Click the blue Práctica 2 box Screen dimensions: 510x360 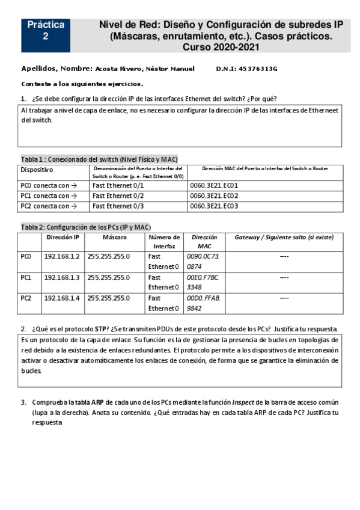[x=45, y=31]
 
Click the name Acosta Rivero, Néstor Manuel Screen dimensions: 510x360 [x=145, y=69]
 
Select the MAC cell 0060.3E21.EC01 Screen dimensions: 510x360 [x=214, y=186]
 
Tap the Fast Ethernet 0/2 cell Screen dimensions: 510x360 [x=118, y=196]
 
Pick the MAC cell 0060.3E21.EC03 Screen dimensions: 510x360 [x=214, y=206]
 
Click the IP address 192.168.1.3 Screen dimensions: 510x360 [x=62, y=278]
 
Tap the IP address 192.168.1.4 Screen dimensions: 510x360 [x=62, y=298]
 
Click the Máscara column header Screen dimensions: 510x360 [x=114, y=238]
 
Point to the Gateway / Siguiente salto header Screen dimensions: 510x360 [x=284, y=238]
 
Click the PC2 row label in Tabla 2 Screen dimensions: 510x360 [x=26, y=298]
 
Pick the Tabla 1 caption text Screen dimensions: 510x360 [x=99, y=159]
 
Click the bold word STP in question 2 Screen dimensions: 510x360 [x=101, y=329]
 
